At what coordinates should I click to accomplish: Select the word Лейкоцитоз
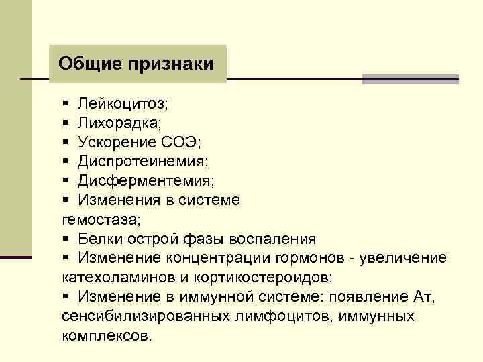pos(122,104)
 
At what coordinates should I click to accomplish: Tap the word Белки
pos(100,239)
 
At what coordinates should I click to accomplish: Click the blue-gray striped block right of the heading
pos(410,79)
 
